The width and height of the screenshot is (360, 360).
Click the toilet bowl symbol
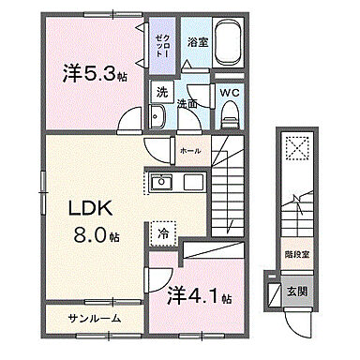coord(231,114)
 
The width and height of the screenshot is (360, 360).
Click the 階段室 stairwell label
coord(298,252)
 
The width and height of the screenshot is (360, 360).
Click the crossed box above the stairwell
coord(296,149)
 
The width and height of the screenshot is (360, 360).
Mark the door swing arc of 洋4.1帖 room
coord(155,278)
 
